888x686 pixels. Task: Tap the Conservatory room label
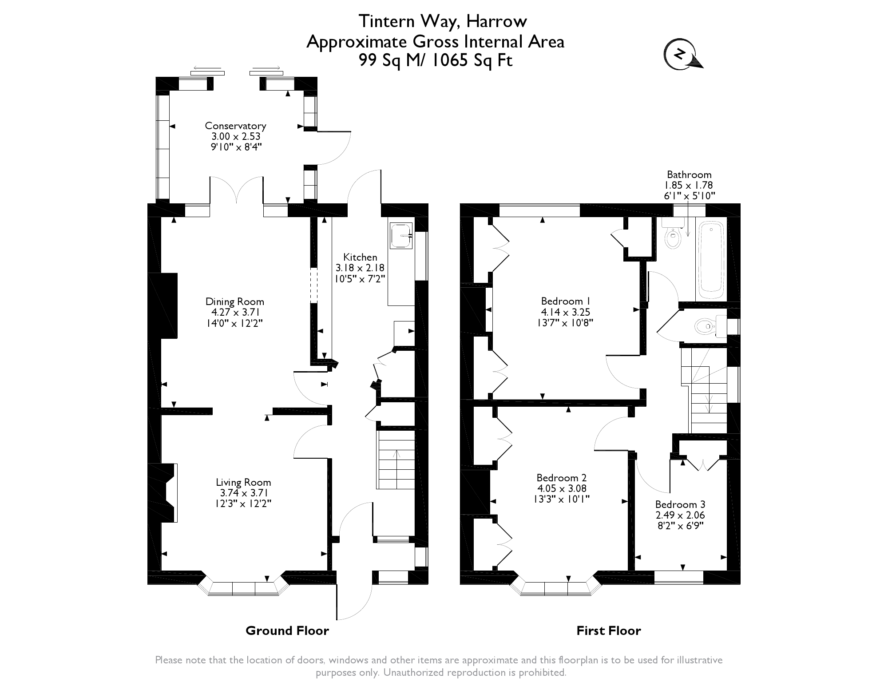coord(235,126)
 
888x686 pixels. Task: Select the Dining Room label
coord(234,302)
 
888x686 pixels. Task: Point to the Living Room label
coord(243,482)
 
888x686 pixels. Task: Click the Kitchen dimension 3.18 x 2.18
coord(360,268)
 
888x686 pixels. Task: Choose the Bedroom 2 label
coord(561,478)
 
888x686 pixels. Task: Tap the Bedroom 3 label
coord(680,504)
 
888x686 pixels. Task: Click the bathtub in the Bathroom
coord(711,261)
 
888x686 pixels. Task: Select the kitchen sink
coord(401,236)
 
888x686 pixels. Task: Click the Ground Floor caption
coord(287,630)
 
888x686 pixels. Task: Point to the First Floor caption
coord(608,630)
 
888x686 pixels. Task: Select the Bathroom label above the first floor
coord(689,174)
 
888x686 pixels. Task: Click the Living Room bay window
coord(243,588)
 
